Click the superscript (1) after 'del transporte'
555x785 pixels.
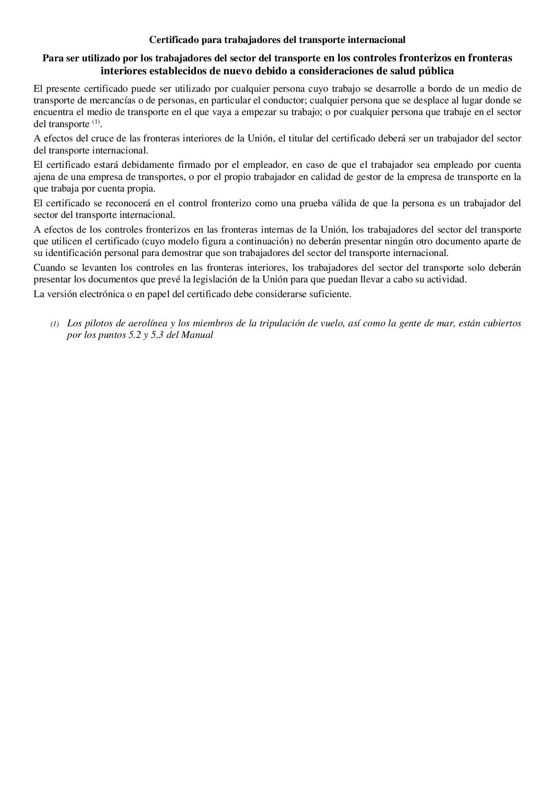tap(96, 122)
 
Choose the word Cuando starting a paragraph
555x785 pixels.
tap(49, 269)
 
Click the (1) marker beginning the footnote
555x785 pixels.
tap(54, 324)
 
